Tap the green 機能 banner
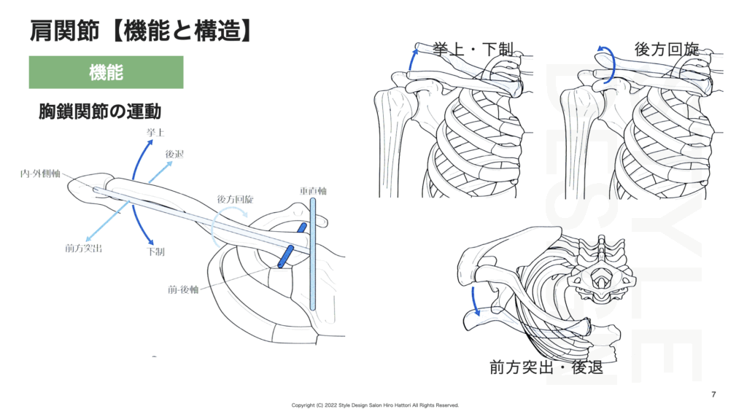(106, 72)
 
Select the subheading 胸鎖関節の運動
(100, 112)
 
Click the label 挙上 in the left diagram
(155, 134)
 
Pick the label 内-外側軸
(40, 175)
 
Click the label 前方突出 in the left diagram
(83, 249)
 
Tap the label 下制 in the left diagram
(155, 252)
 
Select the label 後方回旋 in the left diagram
(235, 199)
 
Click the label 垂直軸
(312, 191)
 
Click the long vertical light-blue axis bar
(312, 255)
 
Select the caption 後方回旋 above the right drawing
(666, 50)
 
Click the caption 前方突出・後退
(546, 367)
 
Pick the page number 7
(713, 394)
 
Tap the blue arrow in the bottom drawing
(475, 300)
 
